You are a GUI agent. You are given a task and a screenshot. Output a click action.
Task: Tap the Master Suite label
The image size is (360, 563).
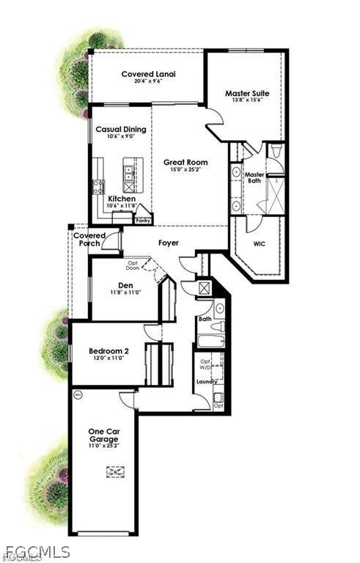click(246, 94)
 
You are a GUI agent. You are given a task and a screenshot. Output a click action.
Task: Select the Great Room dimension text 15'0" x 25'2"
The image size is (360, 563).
click(185, 170)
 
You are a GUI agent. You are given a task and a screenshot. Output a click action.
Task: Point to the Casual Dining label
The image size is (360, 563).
click(121, 130)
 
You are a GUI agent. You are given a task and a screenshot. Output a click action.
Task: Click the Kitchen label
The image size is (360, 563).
click(121, 199)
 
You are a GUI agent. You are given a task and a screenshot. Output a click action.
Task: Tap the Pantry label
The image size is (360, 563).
click(143, 219)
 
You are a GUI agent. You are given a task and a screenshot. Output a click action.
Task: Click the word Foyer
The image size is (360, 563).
click(168, 243)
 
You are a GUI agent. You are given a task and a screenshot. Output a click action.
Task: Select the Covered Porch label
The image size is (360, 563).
click(89, 240)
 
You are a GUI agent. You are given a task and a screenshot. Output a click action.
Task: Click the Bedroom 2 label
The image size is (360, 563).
click(109, 351)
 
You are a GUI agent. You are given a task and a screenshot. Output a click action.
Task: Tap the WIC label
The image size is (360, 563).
click(260, 244)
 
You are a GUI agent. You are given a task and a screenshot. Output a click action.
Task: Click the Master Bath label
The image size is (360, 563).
click(254, 179)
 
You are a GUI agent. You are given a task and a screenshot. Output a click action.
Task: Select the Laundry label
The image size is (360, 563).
click(206, 382)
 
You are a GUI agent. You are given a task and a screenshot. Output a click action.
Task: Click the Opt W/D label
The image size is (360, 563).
click(205, 364)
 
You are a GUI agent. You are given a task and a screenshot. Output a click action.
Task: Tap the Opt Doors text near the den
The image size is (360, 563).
click(133, 265)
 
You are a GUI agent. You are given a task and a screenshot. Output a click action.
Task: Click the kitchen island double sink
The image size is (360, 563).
click(128, 174)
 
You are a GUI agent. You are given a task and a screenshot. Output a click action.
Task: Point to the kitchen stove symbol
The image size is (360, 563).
click(98, 186)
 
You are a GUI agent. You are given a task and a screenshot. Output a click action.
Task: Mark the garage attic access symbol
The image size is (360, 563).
click(115, 472)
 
